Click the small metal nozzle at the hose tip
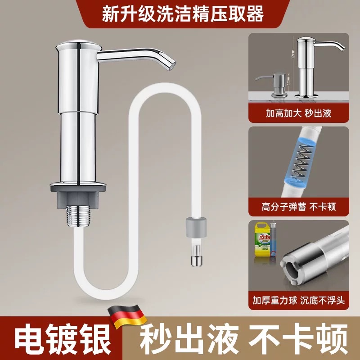click(x=197, y=261)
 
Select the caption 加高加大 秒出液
click(x=298, y=112)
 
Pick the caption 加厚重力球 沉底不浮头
click(x=298, y=300)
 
